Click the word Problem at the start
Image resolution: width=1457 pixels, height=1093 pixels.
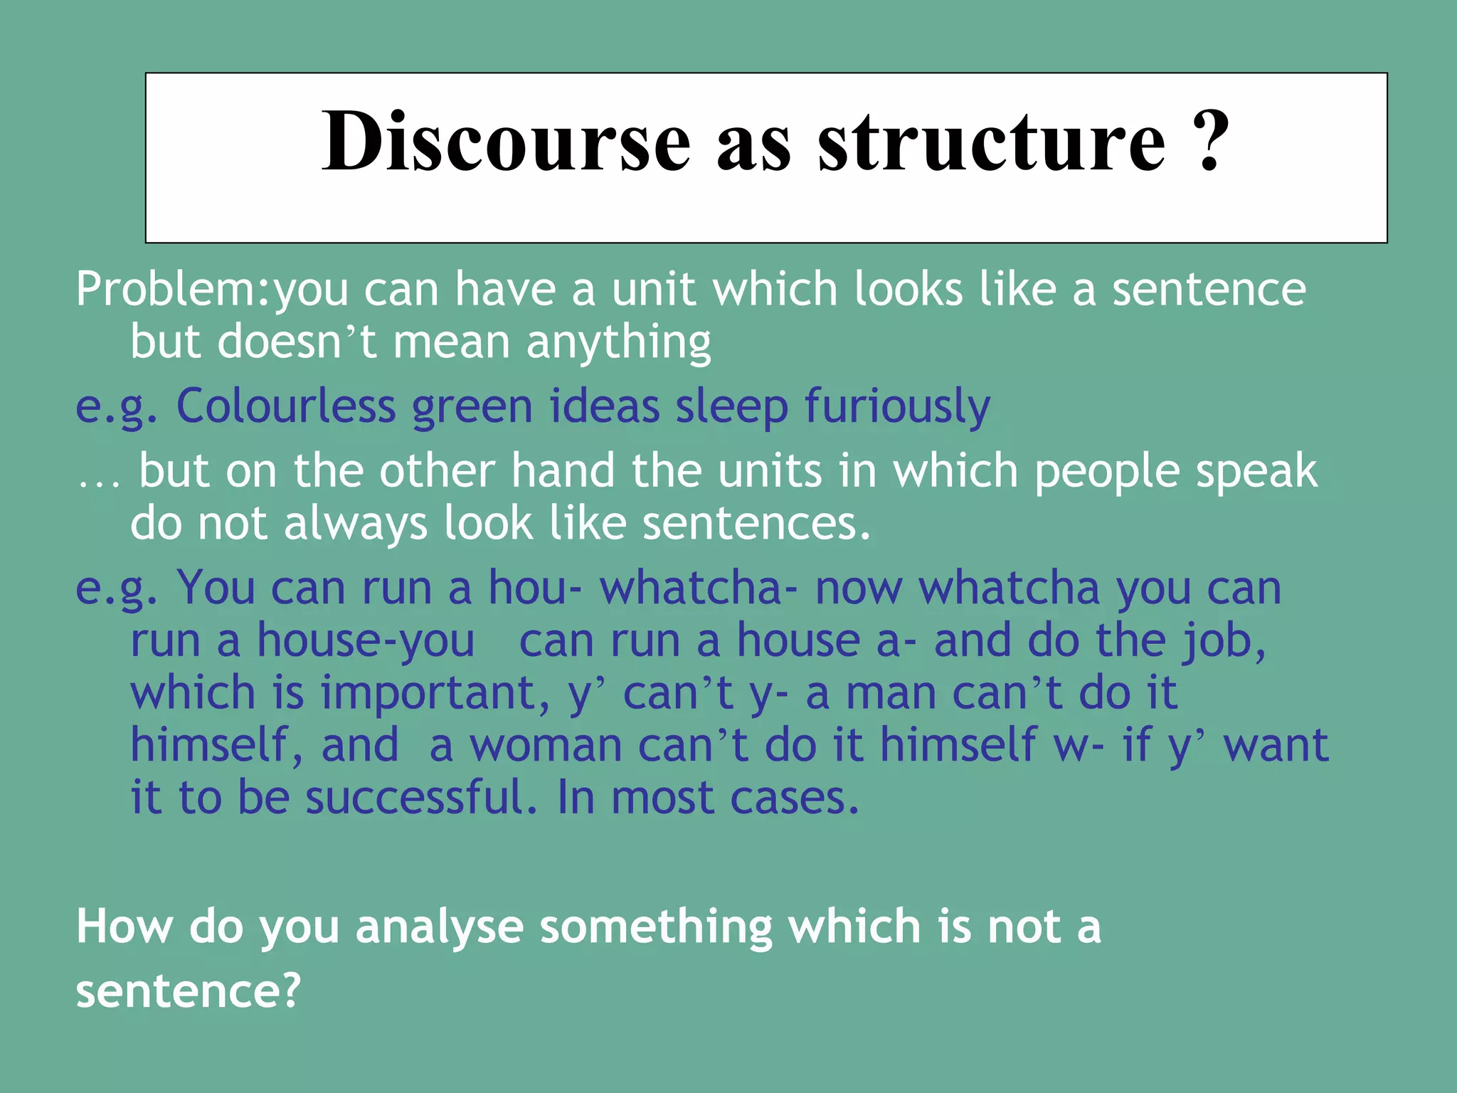coord(168,290)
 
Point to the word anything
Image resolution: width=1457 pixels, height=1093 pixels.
coord(618,343)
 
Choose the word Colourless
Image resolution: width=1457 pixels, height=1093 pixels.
coord(285,407)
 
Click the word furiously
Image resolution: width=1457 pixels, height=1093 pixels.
coord(897,407)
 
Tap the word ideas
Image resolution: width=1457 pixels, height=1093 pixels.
coord(604,407)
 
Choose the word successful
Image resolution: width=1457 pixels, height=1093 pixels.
coord(421,798)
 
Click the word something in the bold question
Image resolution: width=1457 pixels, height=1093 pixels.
coord(655,927)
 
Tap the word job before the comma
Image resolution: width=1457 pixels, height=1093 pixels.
coord(1220,641)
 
